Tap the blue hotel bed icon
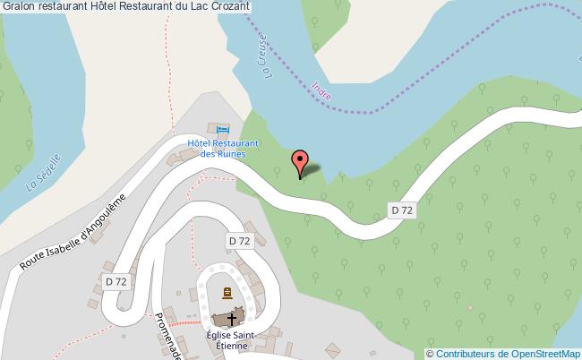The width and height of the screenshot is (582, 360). click(x=223, y=130)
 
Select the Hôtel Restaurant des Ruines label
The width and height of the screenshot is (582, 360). click(x=223, y=148)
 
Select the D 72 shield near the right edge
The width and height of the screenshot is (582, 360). click(x=402, y=210)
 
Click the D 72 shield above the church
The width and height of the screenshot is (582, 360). click(x=239, y=241)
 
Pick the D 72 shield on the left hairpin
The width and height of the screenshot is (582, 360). click(x=116, y=281)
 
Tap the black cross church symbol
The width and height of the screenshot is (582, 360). click(x=233, y=318)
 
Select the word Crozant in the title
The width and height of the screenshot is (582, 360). click(x=227, y=8)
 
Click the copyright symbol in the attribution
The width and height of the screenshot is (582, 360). click(x=429, y=353)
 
